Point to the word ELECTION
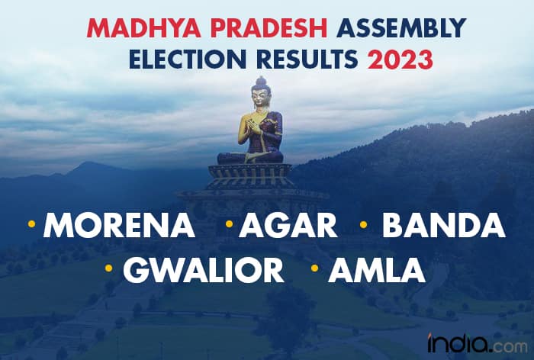[188, 59]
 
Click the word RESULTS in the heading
[307, 59]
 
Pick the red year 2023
[400, 59]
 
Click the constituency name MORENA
[119, 225]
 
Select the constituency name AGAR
[288, 225]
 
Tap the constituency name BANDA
[444, 225]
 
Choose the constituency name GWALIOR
[204, 270]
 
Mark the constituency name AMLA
[377, 270]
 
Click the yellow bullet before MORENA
[32, 223]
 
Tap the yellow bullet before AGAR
[229, 223]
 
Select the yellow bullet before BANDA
[363, 224]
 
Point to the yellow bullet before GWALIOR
[108, 268]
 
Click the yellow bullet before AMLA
[314, 268]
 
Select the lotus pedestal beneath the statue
[250, 176]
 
